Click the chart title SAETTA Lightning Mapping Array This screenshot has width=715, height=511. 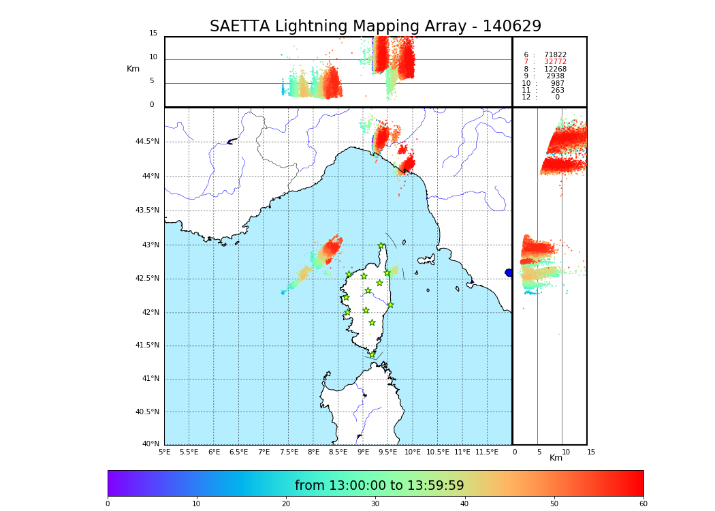tap(375, 27)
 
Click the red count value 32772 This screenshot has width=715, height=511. tap(555, 62)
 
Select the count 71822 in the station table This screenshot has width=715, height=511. tap(555, 55)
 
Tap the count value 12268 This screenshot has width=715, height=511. tap(555, 69)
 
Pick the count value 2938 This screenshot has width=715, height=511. tap(555, 76)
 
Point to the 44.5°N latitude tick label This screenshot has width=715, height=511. tap(147, 142)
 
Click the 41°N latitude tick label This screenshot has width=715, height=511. tap(150, 379)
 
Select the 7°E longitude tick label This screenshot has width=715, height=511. tap(264, 452)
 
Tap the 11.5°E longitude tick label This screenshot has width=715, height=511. tap(487, 452)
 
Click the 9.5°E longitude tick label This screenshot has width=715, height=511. tap(387, 452)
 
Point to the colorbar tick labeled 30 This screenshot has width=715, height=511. tap(375, 504)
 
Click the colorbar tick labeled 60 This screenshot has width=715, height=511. tap(643, 504)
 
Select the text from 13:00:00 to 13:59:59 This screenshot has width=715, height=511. tap(379, 486)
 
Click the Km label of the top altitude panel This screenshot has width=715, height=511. tap(133, 69)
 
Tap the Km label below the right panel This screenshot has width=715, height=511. tap(556, 458)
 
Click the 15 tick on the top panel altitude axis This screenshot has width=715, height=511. tap(153, 33)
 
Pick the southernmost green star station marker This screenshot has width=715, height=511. tap(372, 354)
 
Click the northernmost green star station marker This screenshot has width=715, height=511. tap(381, 246)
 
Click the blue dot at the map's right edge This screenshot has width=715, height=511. tap(509, 273)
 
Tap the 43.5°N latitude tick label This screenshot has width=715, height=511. tap(147, 211)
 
